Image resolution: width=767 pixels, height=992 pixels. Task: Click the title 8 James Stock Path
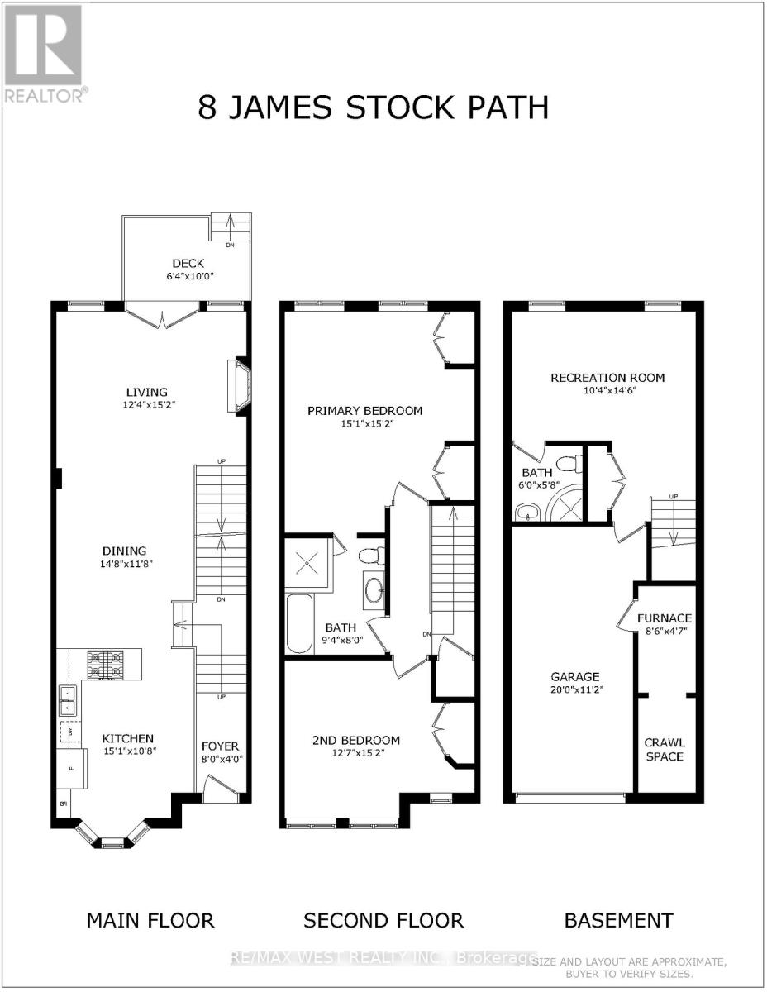coord(373,107)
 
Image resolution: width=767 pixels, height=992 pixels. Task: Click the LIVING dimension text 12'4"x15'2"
coord(146,406)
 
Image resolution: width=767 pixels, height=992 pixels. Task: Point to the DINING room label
coord(125,551)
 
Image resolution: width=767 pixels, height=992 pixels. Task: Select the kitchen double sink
coord(68,701)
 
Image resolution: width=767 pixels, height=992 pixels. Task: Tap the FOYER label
coord(220,746)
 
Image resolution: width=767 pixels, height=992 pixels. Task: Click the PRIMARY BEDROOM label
coord(364,410)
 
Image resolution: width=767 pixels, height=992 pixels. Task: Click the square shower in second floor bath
coord(308,562)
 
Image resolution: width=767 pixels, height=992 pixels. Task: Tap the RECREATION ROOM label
coord(607,378)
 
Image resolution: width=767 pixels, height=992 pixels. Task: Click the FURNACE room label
coord(665,618)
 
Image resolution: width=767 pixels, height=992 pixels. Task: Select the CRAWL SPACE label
coord(665,749)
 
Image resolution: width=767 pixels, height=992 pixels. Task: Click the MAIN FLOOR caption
coord(150,920)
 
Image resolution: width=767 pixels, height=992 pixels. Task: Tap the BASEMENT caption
coord(618,920)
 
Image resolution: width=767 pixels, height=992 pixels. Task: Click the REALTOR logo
coord(43,53)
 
